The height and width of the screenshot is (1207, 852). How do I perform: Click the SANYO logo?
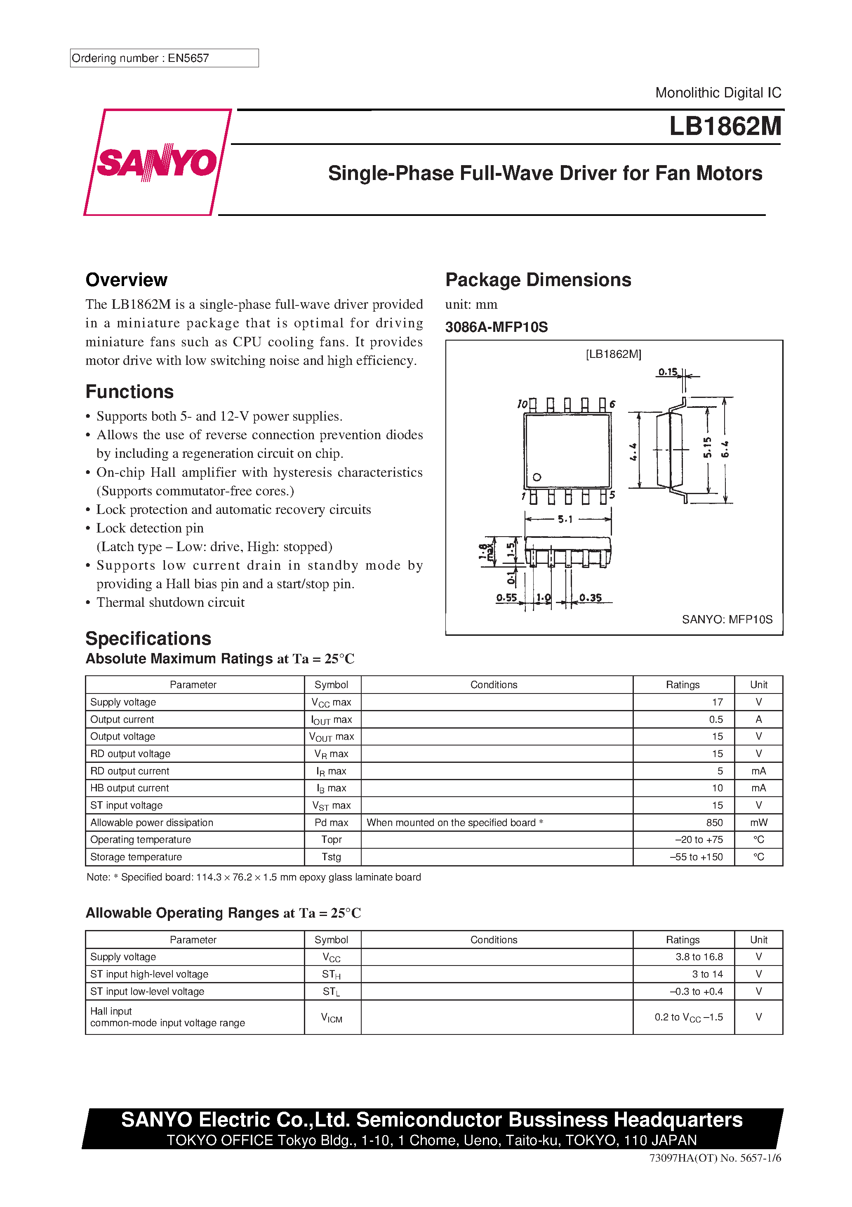coord(157,162)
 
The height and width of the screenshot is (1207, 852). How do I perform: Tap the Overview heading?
coord(127,280)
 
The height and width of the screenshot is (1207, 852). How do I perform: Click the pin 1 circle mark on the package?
coord(536,477)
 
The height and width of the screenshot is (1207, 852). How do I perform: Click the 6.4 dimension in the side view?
coord(725,449)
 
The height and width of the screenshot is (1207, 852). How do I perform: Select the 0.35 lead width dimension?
coord(591,598)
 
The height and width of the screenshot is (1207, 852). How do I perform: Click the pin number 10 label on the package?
coord(522,404)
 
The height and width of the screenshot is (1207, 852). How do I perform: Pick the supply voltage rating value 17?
coord(717,702)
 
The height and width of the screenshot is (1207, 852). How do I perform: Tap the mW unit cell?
coord(758,822)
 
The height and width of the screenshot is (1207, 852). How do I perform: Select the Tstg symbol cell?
coord(332,857)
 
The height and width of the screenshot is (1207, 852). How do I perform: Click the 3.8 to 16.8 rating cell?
coord(699,956)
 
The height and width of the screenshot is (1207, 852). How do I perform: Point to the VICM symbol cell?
coord(332,1017)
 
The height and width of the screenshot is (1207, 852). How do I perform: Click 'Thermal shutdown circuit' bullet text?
coord(170,602)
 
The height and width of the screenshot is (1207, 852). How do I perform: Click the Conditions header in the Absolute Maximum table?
coord(493,684)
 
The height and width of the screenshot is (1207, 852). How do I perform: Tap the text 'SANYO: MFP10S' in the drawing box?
coord(727,619)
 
